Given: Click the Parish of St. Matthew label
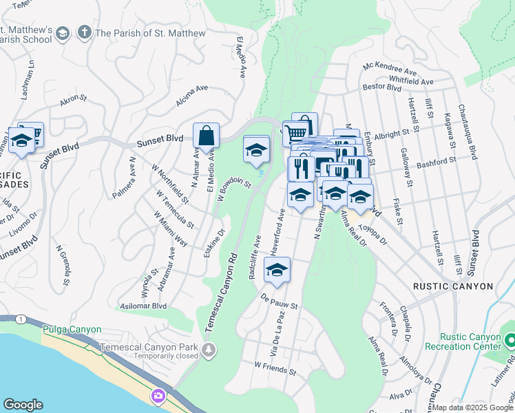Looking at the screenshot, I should pos(150,33).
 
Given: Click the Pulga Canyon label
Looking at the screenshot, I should pos(72,330).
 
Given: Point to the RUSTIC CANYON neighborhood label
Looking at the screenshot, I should pos(452,286).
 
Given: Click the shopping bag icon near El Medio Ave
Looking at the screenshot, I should pos(207,136).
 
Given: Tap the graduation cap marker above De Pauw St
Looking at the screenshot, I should pos(277,271).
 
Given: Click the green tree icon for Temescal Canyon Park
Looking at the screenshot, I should pos(208,351).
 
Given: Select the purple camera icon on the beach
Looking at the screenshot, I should pos(159,396).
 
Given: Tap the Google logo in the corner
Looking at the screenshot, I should pos(23,405).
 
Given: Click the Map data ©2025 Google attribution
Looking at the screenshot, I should pos(472,407).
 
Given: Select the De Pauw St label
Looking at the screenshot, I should pos(279,301).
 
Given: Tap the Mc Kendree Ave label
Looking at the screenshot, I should pos(390,70).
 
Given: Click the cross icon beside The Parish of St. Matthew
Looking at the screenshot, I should pos(85,32).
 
